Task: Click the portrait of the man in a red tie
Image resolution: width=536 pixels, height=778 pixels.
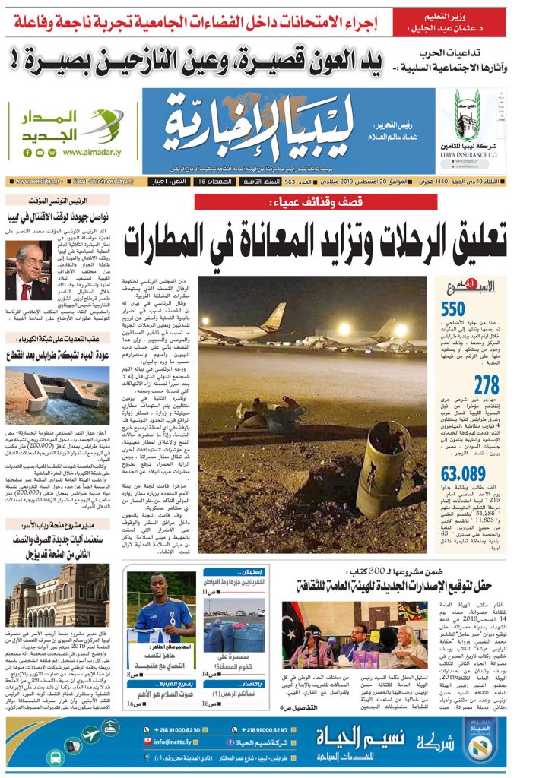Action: [x=30, y=270]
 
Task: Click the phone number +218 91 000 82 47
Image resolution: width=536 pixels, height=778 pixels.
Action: [x=264, y=729]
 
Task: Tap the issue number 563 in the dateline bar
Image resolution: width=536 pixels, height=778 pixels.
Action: [x=290, y=182]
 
